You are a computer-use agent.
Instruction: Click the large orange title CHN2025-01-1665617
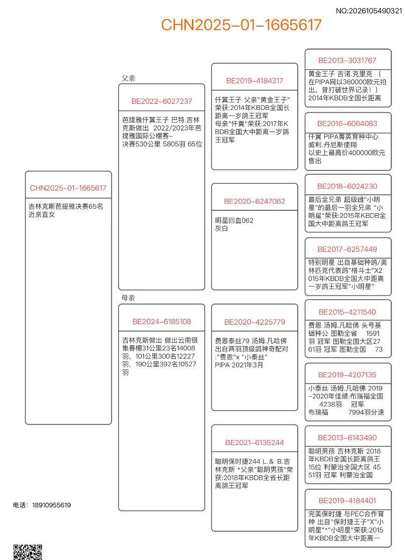coord(241,25)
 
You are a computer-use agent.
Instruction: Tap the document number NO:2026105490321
coord(368,10)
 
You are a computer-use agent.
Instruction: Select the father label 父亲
coord(128,78)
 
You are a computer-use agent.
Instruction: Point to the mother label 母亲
coord(128,298)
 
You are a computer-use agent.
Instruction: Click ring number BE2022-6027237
coord(162,101)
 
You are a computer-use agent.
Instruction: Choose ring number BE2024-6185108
coord(162,322)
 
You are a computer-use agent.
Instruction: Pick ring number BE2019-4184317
coord(255,80)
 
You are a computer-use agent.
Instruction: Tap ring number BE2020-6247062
coord(255,201)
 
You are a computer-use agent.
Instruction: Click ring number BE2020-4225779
coord(255,322)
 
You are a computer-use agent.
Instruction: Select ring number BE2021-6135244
coord(255,443)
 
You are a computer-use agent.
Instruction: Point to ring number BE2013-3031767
coord(347,60)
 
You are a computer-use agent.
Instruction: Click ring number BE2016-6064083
coord(347,123)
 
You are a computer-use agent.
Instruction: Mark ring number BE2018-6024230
coord(347,186)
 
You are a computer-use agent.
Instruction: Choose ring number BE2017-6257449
coord(347,249)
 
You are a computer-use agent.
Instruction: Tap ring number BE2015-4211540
coord(347,312)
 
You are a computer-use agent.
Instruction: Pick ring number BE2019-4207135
coord(347,375)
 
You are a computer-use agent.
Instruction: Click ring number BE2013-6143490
coord(347,438)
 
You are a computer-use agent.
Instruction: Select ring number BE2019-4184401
coord(347,500)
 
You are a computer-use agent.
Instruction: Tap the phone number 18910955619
coord(50,505)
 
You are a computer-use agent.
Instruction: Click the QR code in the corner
coord(27,552)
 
